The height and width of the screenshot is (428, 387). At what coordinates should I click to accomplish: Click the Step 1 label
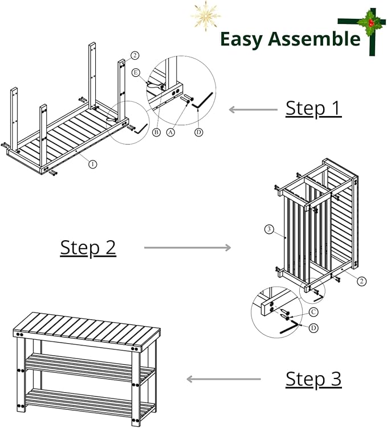click(x=313, y=109)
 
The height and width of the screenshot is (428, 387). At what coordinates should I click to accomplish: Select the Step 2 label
click(x=88, y=248)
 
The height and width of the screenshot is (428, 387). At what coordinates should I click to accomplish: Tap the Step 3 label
click(x=313, y=379)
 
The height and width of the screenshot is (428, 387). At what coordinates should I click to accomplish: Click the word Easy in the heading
click(x=241, y=40)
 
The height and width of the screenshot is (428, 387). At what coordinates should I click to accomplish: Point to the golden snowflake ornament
click(x=206, y=15)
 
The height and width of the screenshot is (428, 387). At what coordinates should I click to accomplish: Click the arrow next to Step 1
click(x=253, y=110)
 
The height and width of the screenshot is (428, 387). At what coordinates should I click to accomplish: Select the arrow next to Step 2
click(x=188, y=248)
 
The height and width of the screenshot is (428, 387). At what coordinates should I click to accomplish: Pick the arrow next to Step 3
click(x=223, y=379)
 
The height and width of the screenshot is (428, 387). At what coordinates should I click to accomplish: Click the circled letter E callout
click(x=136, y=73)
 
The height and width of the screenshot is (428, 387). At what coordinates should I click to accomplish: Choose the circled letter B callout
click(x=156, y=133)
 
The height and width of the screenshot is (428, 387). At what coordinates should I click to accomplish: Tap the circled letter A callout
click(x=171, y=133)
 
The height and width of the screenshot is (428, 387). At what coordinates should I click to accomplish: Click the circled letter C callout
click(x=313, y=312)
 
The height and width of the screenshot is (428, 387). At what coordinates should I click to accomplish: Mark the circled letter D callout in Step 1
click(x=199, y=133)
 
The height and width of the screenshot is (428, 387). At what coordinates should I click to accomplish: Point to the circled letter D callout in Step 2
click(x=313, y=328)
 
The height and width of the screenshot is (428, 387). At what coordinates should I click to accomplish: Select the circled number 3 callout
click(x=269, y=229)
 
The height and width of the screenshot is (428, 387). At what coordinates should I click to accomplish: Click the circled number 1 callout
click(x=93, y=164)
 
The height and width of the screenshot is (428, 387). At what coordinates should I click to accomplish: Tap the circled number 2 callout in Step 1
click(x=135, y=56)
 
